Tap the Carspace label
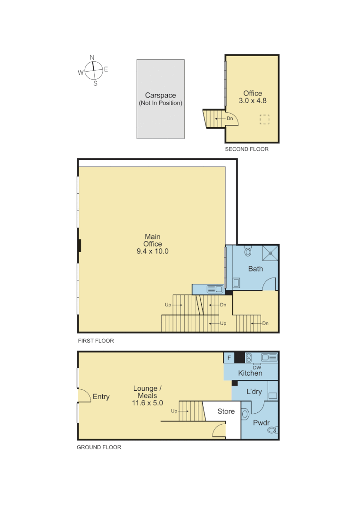coord(160,95)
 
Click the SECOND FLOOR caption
coord(246,149)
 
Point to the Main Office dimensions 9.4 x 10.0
coord(152,251)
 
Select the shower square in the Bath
coord(270,253)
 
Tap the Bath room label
coord(255,269)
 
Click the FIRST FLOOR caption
coord(96,340)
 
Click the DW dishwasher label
coord(257,367)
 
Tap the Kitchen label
coord(250,373)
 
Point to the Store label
coord(226,411)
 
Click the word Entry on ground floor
coord(101,397)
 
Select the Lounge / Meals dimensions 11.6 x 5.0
coord(147,403)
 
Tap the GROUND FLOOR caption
coord(99,447)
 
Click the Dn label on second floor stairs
coord(229,118)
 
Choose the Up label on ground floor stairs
coord(174,411)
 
